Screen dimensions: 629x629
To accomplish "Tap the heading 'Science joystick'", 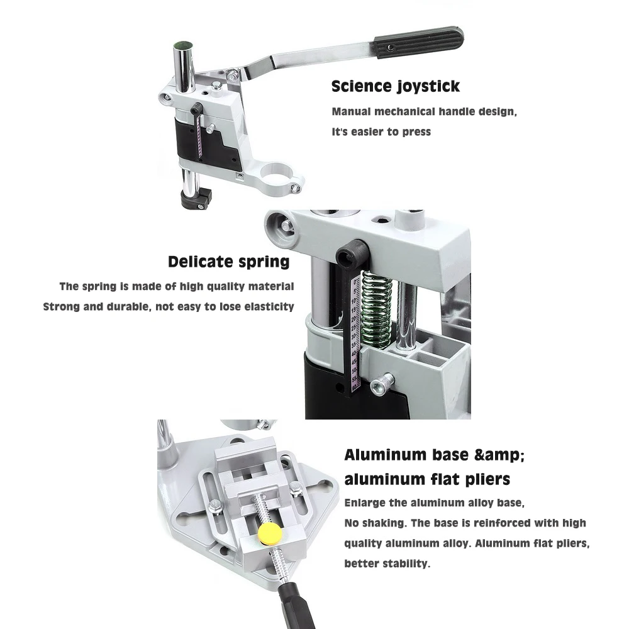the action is click(395, 86).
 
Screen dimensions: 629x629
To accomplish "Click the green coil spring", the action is click(376, 308).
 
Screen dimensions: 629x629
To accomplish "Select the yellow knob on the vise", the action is click(270, 532).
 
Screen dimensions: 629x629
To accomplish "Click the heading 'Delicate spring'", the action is click(229, 262).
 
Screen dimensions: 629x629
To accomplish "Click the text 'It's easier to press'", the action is click(381, 132).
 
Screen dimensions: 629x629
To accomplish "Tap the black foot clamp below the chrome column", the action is click(196, 198).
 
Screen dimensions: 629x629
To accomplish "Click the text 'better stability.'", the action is click(387, 564).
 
